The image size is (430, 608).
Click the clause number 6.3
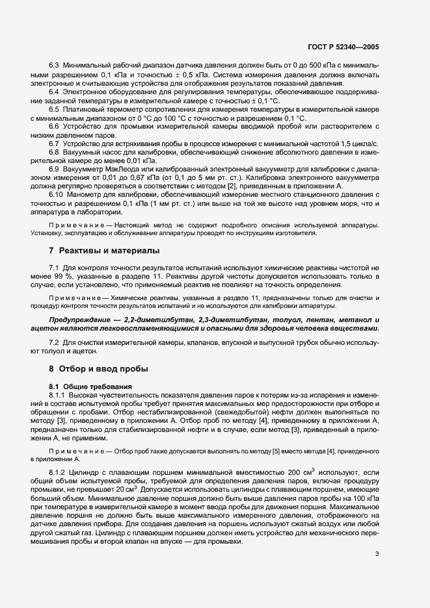[55, 66]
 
